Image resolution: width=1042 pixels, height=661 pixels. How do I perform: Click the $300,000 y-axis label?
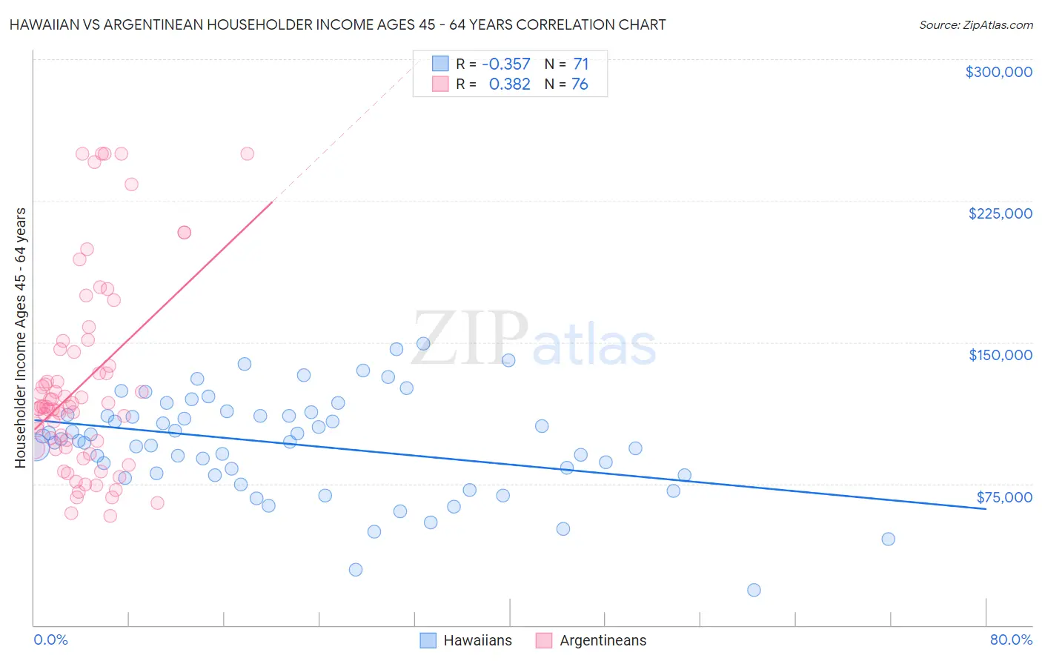click(x=998, y=72)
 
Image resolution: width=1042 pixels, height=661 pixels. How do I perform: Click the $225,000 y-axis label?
click(x=1000, y=213)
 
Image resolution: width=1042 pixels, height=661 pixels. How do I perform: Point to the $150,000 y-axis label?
click(x=1000, y=355)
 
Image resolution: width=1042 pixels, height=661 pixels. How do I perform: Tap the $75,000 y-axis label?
click(x=1004, y=497)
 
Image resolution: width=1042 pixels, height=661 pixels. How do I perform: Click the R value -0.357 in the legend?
click(x=506, y=64)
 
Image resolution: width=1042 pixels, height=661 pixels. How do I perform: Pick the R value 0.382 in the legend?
click(x=510, y=84)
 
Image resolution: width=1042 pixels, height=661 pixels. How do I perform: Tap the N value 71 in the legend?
click(x=580, y=64)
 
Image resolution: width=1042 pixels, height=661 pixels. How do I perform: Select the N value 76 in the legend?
click(x=580, y=84)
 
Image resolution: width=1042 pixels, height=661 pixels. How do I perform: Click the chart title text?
click(x=337, y=24)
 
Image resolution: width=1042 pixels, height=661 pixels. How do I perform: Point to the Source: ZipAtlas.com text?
click(x=975, y=25)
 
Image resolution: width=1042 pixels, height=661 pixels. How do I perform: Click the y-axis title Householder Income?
click(x=21, y=338)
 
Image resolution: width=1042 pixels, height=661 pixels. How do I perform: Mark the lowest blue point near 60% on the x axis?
click(x=754, y=590)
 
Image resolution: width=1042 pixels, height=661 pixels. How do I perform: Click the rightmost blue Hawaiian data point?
click(x=888, y=539)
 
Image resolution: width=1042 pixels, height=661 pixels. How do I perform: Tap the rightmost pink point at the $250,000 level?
click(x=248, y=153)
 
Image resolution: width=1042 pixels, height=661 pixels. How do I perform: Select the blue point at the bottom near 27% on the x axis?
click(x=356, y=570)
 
